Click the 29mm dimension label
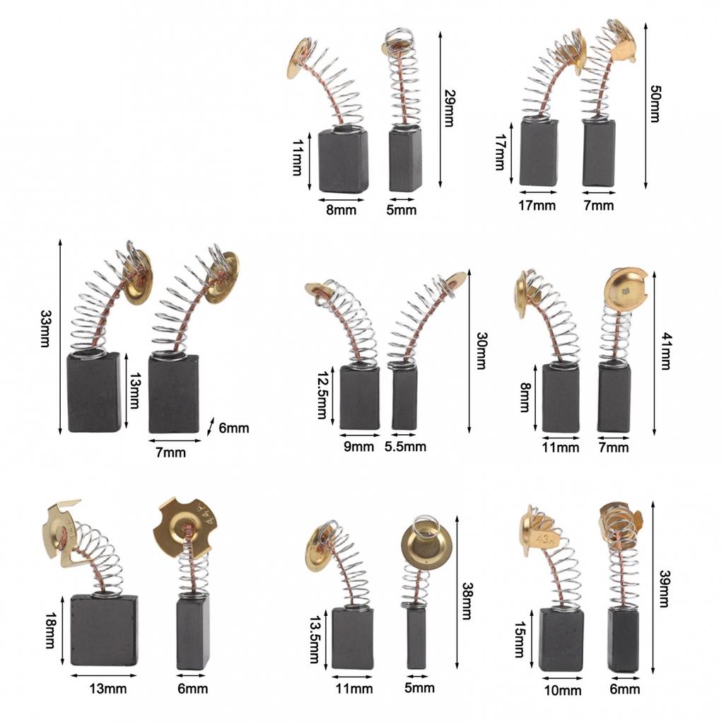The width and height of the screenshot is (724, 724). (x=449, y=107)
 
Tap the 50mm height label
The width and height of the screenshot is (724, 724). (x=655, y=103)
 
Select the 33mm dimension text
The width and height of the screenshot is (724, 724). (x=45, y=328)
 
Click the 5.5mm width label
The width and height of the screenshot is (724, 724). (x=405, y=447)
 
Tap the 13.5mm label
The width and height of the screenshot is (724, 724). (x=314, y=639)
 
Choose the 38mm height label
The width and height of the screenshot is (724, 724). (x=467, y=601)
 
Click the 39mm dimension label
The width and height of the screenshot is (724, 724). (x=663, y=589)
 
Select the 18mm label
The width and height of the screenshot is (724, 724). (x=50, y=630)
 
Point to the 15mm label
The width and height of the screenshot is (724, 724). (x=519, y=639)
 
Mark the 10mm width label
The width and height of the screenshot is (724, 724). (x=563, y=691)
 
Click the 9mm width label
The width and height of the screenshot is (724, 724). (x=358, y=447)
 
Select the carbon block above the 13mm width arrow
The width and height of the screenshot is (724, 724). (x=104, y=630)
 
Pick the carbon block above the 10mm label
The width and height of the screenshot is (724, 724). (x=561, y=639)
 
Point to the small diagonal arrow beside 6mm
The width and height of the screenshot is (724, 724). (x=211, y=426)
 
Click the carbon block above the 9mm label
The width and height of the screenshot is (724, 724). (x=360, y=397)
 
